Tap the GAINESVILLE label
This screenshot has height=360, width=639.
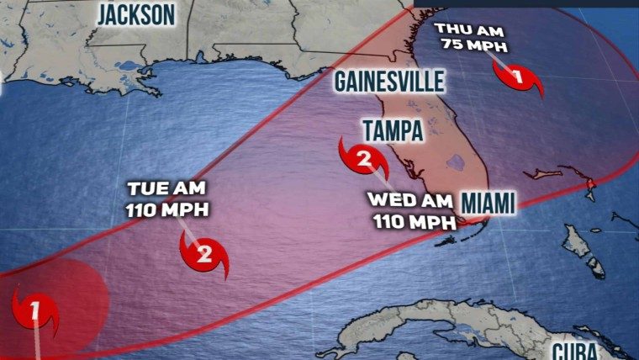(x=388, y=82)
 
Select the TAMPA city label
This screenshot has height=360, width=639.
(x=393, y=130)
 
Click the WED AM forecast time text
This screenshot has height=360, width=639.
(x=409, y=202)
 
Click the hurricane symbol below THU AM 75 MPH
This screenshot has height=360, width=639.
(x=517, y=78)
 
